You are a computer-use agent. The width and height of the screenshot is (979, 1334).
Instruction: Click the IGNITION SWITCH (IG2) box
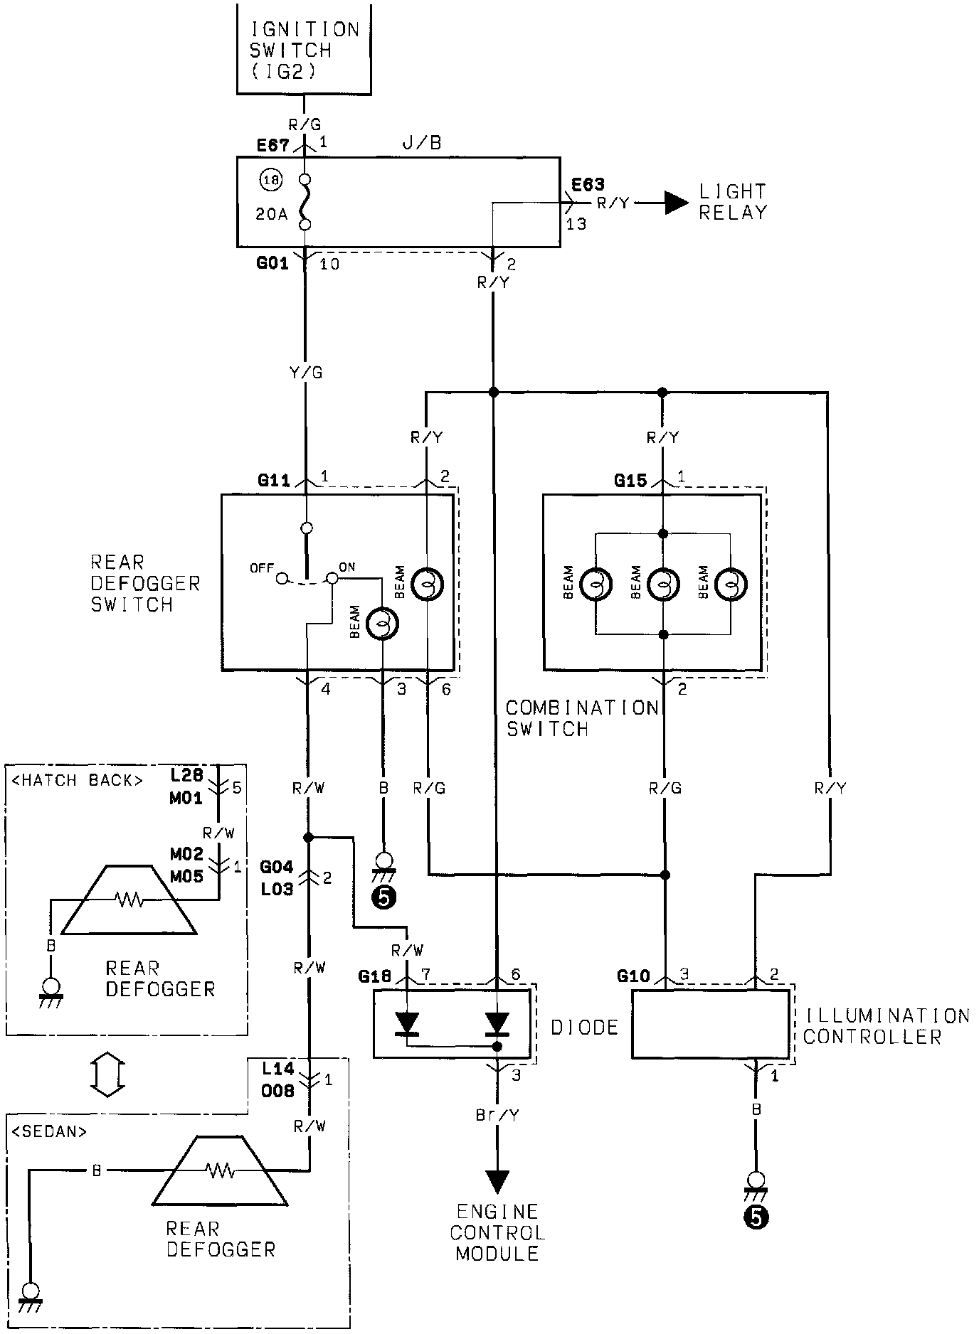click(x=303, y=50)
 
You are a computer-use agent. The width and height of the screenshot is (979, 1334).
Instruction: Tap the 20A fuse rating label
click(x=271, y=213)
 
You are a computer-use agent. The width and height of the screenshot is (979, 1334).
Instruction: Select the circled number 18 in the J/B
click(x=271, y=181)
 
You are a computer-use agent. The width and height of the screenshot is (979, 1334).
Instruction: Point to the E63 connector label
click(x=588, y=185)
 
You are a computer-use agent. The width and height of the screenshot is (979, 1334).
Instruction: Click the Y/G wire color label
click(x=307, y=372)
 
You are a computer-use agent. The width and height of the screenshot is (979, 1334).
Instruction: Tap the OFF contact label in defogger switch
click(x=261, y=568)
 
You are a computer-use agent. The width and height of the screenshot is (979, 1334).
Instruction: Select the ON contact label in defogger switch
click(x=346, y=567)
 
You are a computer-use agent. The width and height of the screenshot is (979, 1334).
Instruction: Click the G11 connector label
click(x=274, y=481)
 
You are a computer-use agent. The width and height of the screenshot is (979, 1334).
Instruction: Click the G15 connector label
click(x=630, y=481)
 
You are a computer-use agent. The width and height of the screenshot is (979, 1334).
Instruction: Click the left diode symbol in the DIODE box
click(x=408, y=1023)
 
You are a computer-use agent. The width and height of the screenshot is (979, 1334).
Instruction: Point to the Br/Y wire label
click(x=497, y=1115)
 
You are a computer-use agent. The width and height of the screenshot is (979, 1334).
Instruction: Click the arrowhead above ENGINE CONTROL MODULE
click(x=497, y=1181)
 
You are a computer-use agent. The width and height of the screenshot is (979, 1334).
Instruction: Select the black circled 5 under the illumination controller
click(x=756, y=1218)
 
